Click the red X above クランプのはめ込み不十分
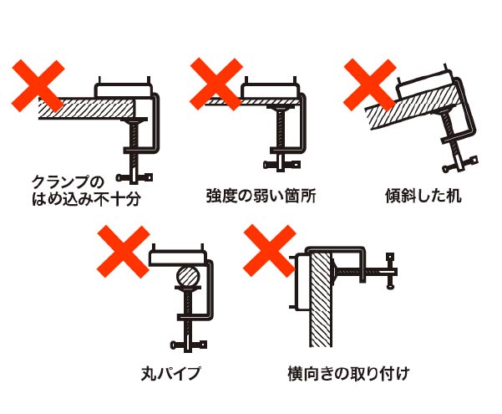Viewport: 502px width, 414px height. pyautogui.click(x=39, y=81)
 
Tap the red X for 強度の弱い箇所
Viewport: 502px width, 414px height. pyautogui.click(x=216, y=81)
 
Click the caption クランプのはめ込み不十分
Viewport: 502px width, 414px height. pyautogui.click(x=74, y=190)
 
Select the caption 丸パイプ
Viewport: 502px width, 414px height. pyautogui.click(x=170, y=371)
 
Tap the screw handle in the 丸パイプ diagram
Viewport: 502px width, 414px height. pyautogui.click(x=188, y=344)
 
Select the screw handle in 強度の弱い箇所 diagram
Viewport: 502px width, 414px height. pyautogui.click(x=281, y=163)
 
